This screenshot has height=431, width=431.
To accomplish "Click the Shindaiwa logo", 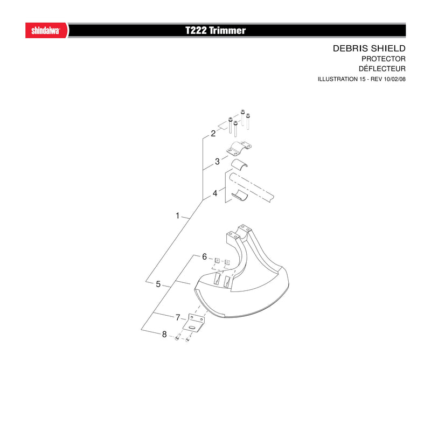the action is coord(46,30).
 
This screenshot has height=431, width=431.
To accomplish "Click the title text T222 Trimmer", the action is coord(215,30).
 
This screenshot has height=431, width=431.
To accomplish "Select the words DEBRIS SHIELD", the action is coord(369,48).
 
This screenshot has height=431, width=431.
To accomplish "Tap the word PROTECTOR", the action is coord(384,59).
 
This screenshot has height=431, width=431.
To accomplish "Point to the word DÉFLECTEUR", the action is coord(382,68).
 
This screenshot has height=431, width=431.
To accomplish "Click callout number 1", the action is coord(178,216).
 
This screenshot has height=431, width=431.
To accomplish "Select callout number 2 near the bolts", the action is coord(213,134).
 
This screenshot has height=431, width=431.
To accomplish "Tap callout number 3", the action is coord(217,162).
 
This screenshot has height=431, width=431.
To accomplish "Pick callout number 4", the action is coord(215,193).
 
